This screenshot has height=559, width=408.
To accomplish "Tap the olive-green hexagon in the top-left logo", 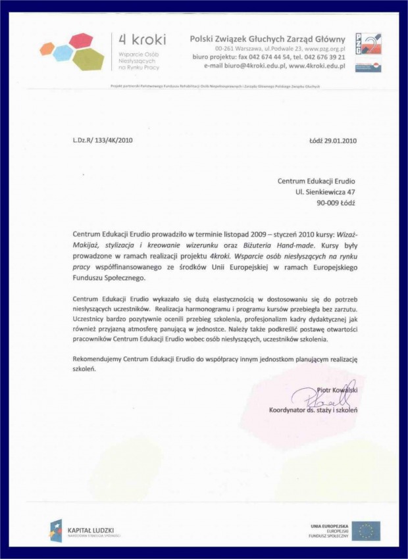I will [89, 59].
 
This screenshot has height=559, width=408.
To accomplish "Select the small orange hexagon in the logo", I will [47, 48].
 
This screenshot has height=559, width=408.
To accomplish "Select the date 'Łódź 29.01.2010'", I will [332, 140].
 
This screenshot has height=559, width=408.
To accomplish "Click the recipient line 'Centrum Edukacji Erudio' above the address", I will [316, 180].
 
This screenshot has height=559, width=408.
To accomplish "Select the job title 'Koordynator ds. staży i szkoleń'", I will [313, 410].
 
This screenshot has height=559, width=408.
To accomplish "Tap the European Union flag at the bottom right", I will [366, 530].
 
